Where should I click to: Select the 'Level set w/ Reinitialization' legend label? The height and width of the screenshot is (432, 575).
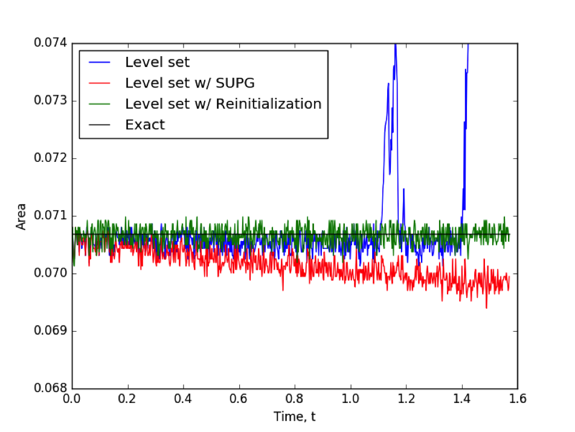click(223, 104)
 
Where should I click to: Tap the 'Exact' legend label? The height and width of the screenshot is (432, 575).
click(145, 125)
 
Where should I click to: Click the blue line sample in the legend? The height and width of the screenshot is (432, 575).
click(100, 62)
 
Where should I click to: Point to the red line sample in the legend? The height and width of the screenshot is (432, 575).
click(100, 83)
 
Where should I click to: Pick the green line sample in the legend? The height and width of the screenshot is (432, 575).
click(100, 104)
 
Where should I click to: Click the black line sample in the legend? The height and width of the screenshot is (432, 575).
click(100, 125)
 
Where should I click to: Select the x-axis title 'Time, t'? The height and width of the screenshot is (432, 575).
click(295, 416)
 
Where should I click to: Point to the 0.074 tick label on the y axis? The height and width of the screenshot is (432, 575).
click(51, 44)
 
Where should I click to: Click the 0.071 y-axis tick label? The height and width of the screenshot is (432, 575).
click(51, 216)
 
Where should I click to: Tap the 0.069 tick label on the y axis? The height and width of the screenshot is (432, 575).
click(51, 332)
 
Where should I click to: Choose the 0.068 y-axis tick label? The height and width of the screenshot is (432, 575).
click(51, 389)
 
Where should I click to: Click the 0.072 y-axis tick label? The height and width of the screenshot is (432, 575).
click(51, 159)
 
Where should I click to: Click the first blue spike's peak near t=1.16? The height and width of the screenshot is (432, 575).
click(395, 45)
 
